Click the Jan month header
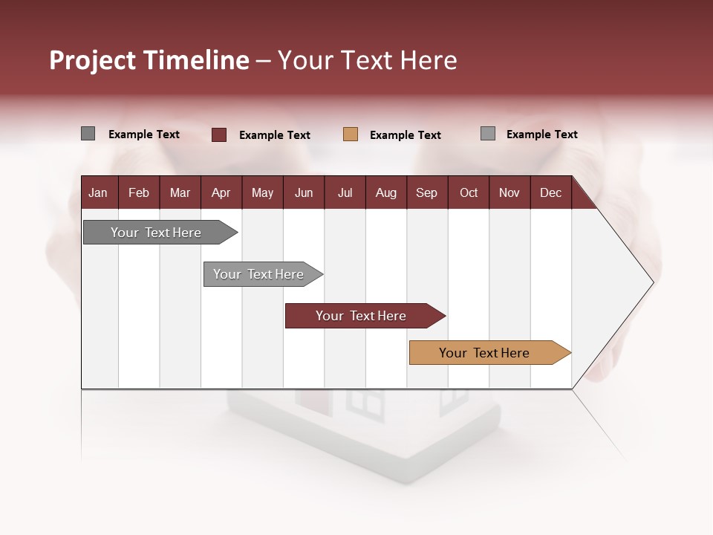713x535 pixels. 98,192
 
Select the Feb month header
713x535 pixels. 139,192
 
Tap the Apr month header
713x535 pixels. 221,192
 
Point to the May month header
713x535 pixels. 262,192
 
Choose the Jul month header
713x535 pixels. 345,192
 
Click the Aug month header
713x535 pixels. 385,192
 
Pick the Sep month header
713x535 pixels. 426,192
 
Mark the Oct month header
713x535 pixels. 469,192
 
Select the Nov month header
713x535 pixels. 509,192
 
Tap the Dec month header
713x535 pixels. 550,192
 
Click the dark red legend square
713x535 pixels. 219,134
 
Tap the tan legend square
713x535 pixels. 351,134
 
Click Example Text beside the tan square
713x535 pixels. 405,135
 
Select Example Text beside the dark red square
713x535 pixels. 274,135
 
